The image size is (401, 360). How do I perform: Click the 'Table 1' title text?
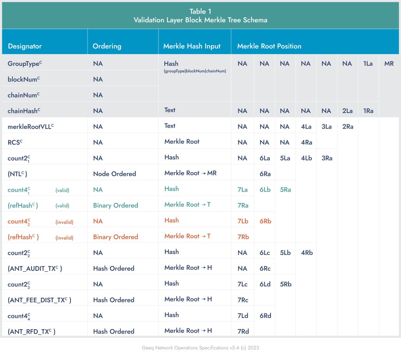[200, 12]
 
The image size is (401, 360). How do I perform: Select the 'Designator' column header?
[25, 46]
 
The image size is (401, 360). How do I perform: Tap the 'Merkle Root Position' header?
[269, 46]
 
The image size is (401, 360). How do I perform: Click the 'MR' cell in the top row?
[389, 64]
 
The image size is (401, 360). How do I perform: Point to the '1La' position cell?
[368, 64]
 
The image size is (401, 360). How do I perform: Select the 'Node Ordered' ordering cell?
[114, 174]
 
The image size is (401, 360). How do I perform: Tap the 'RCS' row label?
[15, 142]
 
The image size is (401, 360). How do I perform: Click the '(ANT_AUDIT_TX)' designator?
[35, 268]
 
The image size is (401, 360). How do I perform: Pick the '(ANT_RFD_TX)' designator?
[32, 331]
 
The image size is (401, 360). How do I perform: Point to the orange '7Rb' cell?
[243, 237]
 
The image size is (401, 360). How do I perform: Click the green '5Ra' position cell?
[285, 190]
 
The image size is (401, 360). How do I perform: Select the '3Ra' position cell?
[327, 158]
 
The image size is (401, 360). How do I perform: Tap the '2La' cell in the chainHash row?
[347, 111]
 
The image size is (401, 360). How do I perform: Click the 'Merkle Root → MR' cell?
[190, 173]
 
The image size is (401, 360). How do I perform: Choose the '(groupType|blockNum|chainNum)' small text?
[195, 71]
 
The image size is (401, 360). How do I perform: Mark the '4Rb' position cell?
[307, 252]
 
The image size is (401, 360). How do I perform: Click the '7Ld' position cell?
[243, 316]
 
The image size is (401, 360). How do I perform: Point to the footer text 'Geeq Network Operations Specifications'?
[185, 348]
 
